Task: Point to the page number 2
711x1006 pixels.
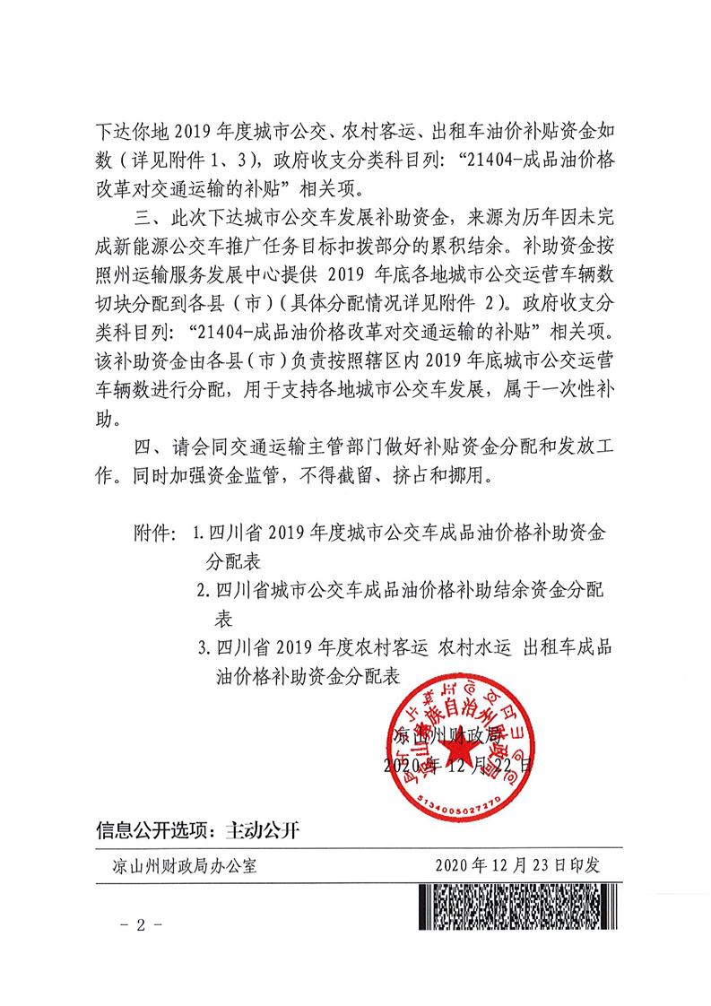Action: (x=140, y=924)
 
